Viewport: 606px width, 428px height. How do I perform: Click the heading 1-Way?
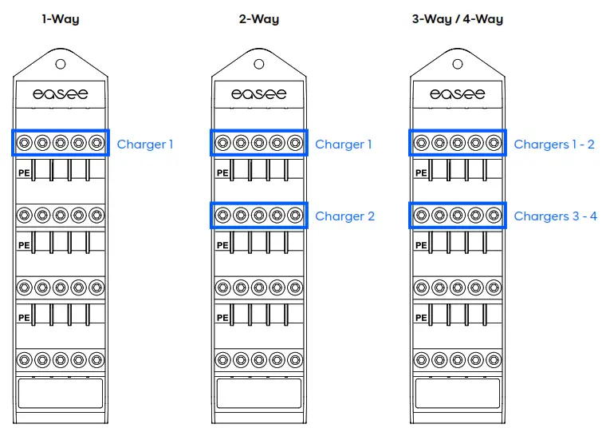click(x=61, y=18)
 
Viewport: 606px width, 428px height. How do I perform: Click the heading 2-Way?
click(x=259, y=18)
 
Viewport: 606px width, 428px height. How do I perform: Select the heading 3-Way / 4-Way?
click(x=457, y=18)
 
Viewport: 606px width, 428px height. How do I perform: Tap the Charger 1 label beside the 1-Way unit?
click(x=144, y=145)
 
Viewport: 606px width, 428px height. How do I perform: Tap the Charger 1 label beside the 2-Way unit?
click(x=343, y=145)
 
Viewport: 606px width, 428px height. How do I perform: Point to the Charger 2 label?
click(x=344, y=216)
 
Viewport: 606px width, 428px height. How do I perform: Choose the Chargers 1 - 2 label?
click(x=554, y=145)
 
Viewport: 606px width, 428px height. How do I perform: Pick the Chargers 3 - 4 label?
click(x=555, y=216)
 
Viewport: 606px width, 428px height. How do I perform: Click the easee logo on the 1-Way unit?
click(x=61, y=94)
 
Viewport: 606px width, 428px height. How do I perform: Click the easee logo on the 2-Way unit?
click(x=259, y=94)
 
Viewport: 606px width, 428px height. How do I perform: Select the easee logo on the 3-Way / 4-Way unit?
click(x=458, y=94)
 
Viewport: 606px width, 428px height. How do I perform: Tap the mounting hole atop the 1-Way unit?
click(x=61, y=64)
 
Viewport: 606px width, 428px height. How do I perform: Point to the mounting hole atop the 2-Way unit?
click(x=259, y=64)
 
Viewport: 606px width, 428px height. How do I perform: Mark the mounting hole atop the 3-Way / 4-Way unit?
click(x=458, y=64)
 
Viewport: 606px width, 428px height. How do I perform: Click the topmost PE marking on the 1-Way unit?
click(x=23, y=172)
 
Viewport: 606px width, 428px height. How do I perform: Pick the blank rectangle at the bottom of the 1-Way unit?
click(x=61, y=393)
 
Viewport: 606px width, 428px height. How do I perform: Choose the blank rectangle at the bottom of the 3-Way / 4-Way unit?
click(x=458, y=393)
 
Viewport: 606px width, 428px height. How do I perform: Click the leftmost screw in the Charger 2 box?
click(x=222, y=215)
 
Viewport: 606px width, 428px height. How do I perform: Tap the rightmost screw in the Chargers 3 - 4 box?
click(x=494, y=215)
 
